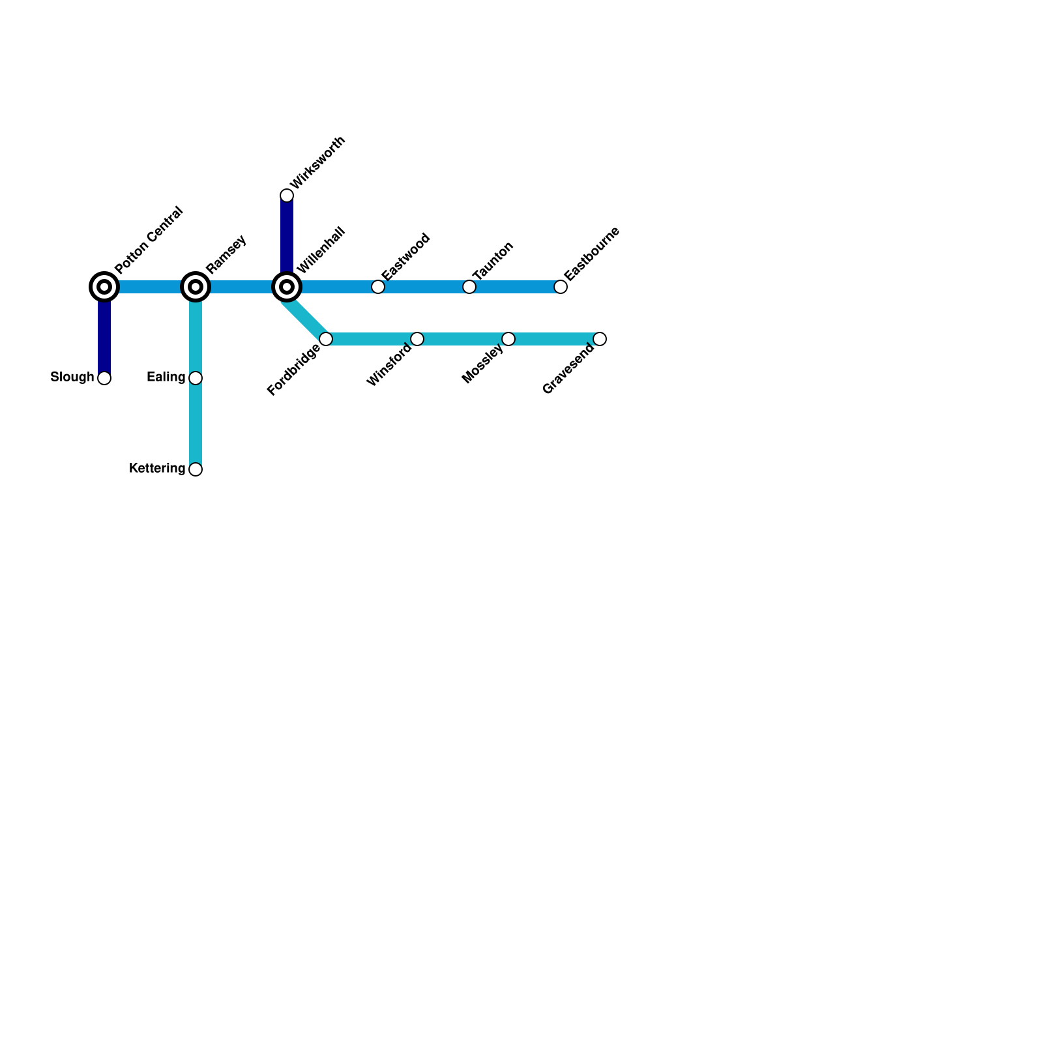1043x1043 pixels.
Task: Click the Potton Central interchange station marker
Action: [104, 287]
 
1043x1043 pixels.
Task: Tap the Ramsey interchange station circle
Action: [196, 287]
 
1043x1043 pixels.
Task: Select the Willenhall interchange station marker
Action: [287, 287]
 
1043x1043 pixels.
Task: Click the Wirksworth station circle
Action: [287, 196]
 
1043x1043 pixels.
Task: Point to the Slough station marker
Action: [104, 378]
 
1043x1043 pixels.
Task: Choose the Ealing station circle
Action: [196, 378]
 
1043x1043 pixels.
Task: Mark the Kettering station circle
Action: [196, 469]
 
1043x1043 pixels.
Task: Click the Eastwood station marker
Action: [378, 287]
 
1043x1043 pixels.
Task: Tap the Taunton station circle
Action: [469, 287]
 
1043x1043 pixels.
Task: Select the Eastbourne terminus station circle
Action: [561, 287]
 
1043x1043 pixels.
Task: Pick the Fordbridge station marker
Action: [326, 339]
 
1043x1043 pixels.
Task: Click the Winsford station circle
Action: [417, 339]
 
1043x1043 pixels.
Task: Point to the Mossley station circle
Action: [508, 339]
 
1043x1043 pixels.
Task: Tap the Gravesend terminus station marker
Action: [600, 339]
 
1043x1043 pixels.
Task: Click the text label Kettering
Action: [157, 469]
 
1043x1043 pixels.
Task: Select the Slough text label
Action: [72, 377]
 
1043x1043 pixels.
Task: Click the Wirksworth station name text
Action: [318, 163]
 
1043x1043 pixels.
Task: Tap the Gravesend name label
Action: [568, 369]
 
